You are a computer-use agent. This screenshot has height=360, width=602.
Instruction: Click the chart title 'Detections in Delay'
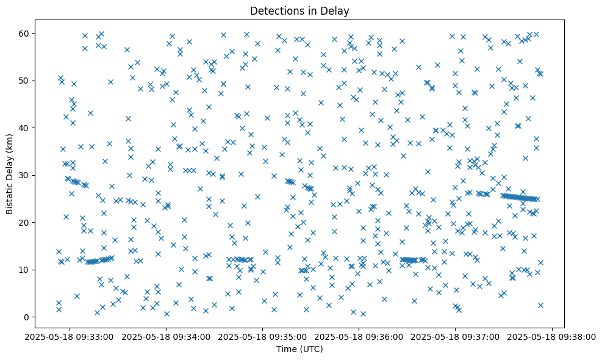(x=299, y=10)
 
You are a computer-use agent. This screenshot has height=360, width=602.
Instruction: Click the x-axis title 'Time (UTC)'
(x=299, y=350)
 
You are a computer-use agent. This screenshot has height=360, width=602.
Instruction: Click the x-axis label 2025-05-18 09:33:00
(x=69, y=336)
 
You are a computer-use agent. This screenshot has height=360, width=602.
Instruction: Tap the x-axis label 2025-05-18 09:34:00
(x=166, y=336)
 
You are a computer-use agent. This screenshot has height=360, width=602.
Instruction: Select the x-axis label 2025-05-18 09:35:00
(x=262, y=336)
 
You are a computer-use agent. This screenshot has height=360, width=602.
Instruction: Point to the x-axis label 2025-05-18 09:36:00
(x=359, y=336)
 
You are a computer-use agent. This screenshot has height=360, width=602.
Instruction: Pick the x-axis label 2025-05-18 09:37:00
(x=456, y=336)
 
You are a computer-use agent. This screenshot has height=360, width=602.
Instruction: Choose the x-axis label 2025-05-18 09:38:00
(x=553, y=336)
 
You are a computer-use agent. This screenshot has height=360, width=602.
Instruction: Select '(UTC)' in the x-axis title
(x=310, y=350)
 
